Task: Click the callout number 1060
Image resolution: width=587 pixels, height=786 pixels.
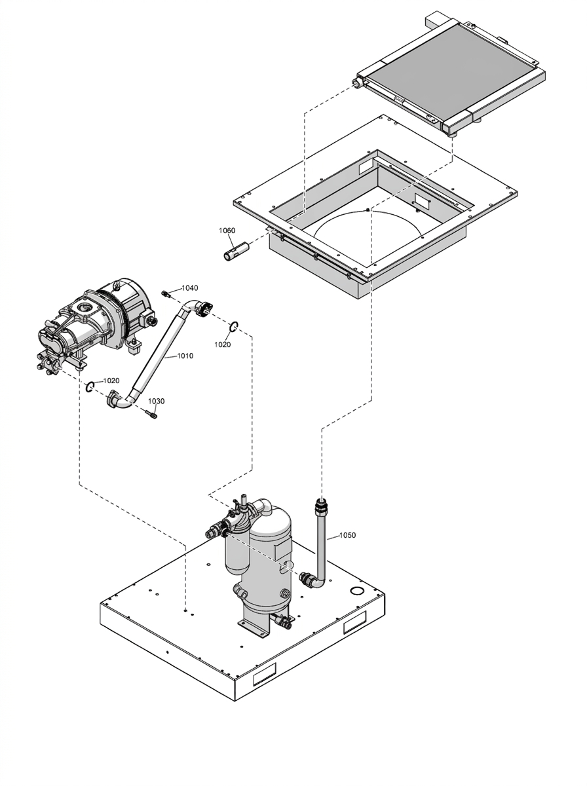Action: [227, 231]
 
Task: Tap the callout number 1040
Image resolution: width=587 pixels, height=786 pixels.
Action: [190, 288]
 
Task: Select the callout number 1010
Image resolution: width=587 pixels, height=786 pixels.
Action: [185, 356]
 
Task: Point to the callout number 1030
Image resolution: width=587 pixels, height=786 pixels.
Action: [157, 401]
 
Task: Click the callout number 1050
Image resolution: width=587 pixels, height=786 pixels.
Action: [348, 535]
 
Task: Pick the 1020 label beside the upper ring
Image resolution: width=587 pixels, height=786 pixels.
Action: [222, 345]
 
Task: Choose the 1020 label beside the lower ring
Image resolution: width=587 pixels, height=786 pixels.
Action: [111, 381]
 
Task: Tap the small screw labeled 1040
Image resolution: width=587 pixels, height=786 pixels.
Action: [166, 293]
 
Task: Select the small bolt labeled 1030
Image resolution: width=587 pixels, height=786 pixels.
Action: [151, 415]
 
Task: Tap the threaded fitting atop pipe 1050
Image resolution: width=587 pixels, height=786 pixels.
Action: [321, 504]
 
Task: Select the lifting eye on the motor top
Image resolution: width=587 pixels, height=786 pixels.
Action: [117, 285]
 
